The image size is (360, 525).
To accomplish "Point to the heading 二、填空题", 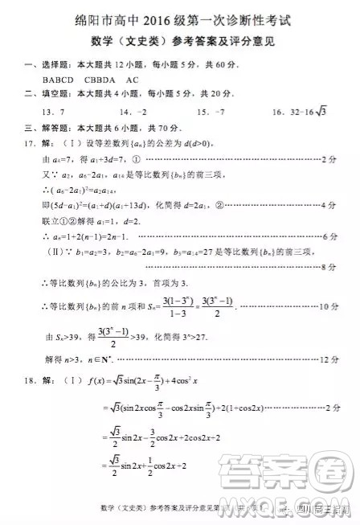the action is click(x=33, y=95).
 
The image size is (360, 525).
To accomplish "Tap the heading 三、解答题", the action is click(x=33, y=128).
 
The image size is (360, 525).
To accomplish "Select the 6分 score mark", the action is click(x=329, y=237).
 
